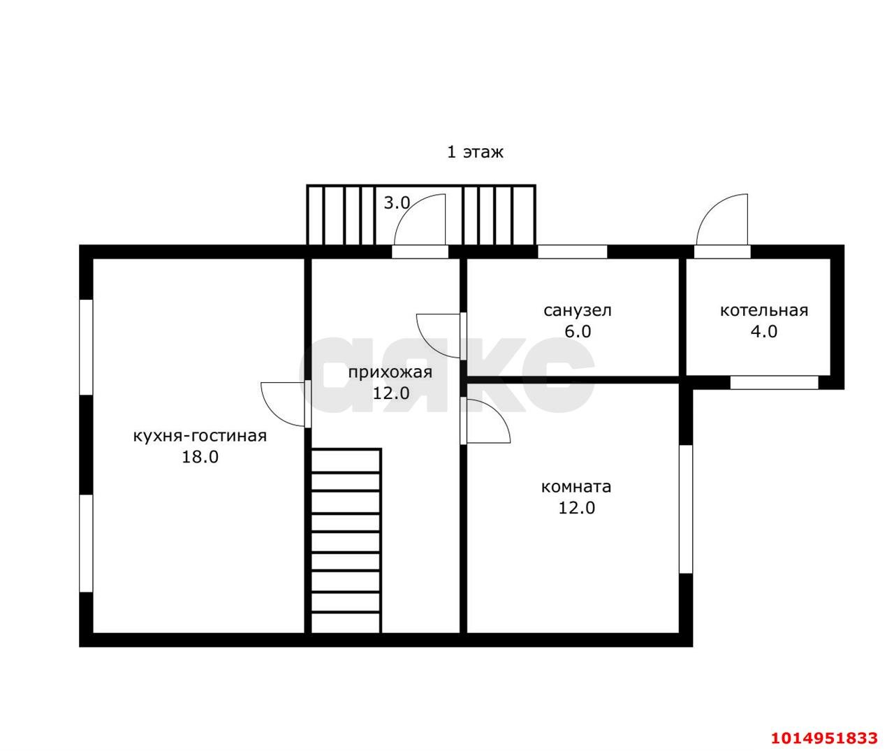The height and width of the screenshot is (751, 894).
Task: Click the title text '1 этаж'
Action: [x=475, y=152]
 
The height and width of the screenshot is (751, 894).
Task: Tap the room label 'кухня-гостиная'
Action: [x=200, y=436]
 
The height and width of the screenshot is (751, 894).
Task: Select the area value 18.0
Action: [x=200, y=457]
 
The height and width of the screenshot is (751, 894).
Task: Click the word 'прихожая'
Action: [x=390, y=373]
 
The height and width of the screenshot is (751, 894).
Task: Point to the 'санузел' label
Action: [x=577, y=311]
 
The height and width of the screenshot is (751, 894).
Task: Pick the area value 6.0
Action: [x=578, y=332]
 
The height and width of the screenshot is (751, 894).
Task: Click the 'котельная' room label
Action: [x=764, y=311]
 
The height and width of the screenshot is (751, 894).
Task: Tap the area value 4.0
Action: [x=764, y=332]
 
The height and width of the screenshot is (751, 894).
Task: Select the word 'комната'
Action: [x=576, y=487]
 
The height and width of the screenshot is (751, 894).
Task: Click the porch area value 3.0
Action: [x=397, y=203]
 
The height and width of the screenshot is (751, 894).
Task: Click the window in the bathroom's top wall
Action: [x=572, y=252]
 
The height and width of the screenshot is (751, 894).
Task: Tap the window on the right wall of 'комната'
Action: [x=686, y=509]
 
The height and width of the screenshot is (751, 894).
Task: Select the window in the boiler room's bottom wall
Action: [x=774, y=383]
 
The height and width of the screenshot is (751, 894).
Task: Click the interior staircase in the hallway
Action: [x=346, y=541]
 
